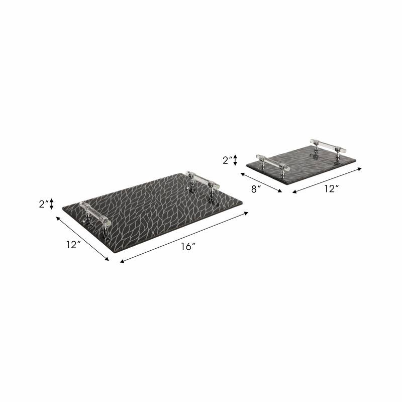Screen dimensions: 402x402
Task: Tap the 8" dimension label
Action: click(x=256, y=189)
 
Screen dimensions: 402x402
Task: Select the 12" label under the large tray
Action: click(x=73, y=245)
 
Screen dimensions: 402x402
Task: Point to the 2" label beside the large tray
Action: click(x=44, y=204)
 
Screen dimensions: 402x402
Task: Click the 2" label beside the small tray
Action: click(x=227, y=160)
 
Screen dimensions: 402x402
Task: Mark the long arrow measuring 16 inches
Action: click(x=184, y=237)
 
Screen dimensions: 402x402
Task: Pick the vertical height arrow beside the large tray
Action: click(x=51, y=204)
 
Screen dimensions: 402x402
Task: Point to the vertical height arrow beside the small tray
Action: click(x=235, y=160)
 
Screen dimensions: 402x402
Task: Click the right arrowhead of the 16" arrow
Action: click(x=246, y=213)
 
